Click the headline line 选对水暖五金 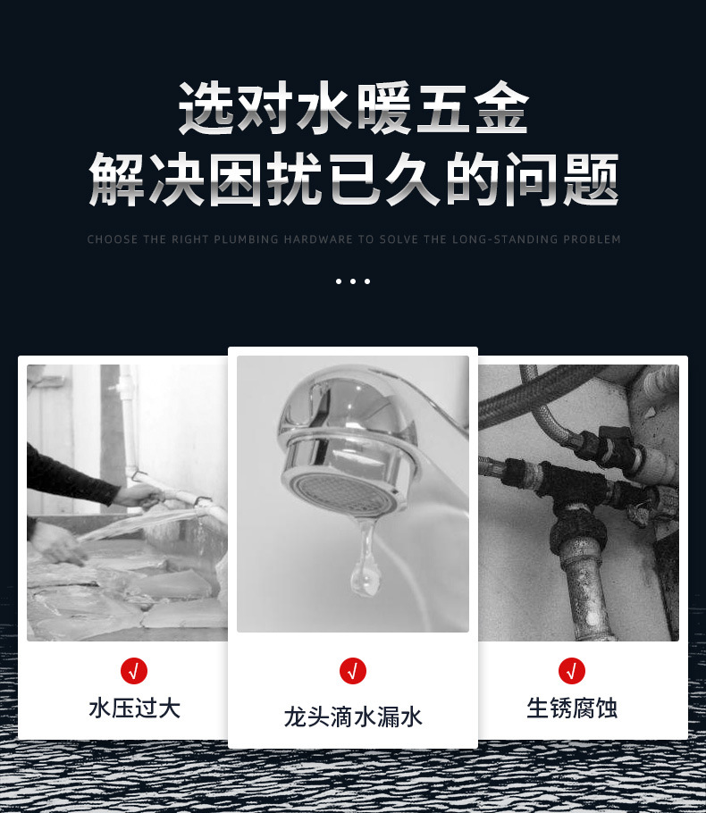(x=353, y=108)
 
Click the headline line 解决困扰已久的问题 (x=353, y=179)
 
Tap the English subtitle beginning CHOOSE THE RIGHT (x=354, y=239)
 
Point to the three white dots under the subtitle (x=353, y=281)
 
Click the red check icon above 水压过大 (x=134, y=671)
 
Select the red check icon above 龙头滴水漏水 (x=353, y=671)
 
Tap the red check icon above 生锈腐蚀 (x=572, y=671)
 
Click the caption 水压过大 (x=134, y=708)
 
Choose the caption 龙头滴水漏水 (x=353, y=717)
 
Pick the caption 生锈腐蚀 (x=572, y=708)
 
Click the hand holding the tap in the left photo (x=138, y=496)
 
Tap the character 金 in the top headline (x=501, y=108)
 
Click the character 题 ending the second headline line (x=591, y=179)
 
